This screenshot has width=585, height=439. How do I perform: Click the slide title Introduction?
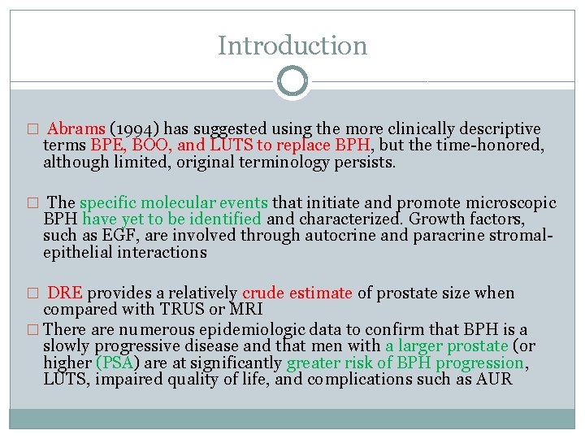[x=292, y=46]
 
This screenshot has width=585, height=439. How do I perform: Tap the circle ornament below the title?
[x=292, y=81]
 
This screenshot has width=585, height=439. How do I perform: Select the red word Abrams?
[x=76, y=129]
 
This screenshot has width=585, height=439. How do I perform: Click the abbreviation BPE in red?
[x=106, y=146]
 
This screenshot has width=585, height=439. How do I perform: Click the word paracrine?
[x=417, y=235]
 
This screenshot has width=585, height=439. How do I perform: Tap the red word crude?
[x=263, y=293]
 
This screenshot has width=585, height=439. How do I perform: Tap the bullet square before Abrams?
[x=32, y=130]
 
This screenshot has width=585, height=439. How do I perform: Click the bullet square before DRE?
[x=32, y=293]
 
